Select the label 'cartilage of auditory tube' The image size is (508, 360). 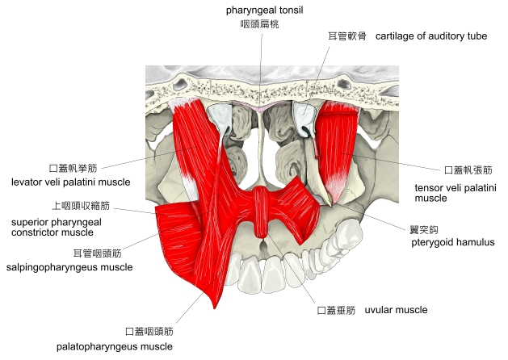430,37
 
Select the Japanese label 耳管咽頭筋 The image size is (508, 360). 97,253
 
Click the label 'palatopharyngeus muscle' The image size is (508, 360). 115,346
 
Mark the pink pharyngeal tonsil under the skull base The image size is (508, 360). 259,106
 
